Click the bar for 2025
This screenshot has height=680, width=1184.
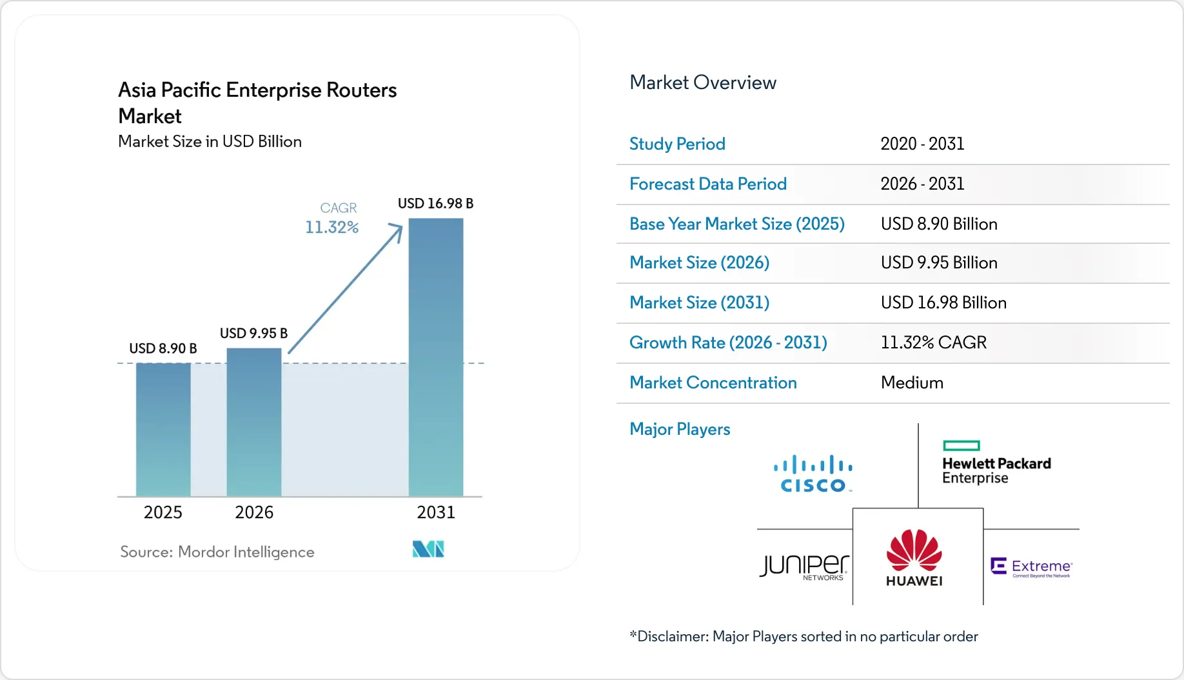tap(163, 430)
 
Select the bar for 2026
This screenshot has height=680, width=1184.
tap(254, 423)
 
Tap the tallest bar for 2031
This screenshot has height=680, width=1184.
tap(436, 357)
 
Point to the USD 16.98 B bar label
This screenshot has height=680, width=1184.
tap(436, 203)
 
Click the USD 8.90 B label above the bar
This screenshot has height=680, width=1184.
tap(163, 348)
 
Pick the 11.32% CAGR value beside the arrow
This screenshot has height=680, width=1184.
tap(332, 227)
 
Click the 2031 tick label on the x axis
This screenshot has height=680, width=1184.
tap(436, 512)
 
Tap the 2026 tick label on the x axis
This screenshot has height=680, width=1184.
tap(254, 512)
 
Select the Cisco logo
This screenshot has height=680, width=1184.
tap(813, 474)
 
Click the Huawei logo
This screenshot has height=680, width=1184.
tap(914, 558)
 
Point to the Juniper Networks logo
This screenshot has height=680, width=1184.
tap(804, 567)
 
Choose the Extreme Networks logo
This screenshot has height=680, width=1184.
tap(1031, 567)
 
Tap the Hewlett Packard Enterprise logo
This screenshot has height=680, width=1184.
tap(996, 463)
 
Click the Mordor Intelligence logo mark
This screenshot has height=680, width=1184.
tap(428, 549)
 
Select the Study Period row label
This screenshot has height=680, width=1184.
tap(677, 144)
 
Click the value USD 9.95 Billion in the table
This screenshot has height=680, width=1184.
tap(939, 263)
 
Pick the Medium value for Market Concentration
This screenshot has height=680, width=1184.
tap(912, 383)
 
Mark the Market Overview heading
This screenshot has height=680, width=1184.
tap(703, 83)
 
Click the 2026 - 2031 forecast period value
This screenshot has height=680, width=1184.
tap(922, 184)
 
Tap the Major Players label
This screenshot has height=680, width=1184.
tap(680, 429)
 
